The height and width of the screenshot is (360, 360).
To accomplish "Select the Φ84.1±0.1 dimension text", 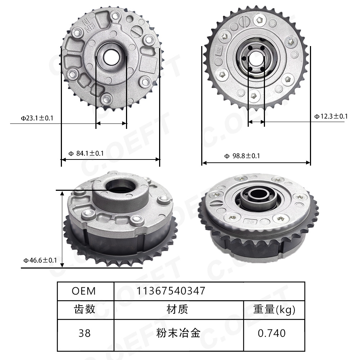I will point(86,153).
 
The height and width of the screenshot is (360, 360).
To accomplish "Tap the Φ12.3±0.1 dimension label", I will point(331,116).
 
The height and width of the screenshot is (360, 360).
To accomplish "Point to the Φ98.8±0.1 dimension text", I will point(242,156).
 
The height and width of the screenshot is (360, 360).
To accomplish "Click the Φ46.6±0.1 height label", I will point(40,260).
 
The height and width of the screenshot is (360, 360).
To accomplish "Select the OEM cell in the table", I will point(84,291).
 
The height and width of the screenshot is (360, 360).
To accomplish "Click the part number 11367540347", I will point(171,291).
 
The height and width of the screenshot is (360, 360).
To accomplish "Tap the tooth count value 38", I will point(85,333).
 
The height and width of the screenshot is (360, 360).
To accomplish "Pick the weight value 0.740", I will point(272,333).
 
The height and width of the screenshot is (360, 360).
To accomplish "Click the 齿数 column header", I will point(85,309).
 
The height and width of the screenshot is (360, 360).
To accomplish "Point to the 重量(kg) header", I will point(274,309).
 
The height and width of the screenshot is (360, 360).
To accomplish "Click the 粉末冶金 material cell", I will point(178,333).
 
